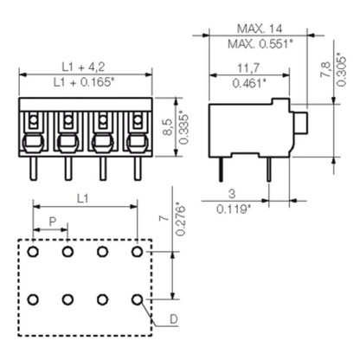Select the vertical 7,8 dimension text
click(325, 69)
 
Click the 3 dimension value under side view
click(230, 195)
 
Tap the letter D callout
click(173, 321)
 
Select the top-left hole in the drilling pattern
click(33, 252)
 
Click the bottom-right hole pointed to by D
click(137, 299)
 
